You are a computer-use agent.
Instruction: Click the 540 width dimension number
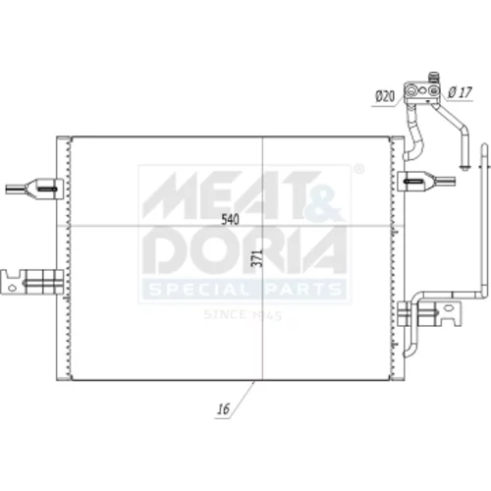click(x=230, y=219)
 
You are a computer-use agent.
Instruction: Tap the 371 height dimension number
click(x=257, y=258)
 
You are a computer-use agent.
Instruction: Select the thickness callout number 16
click(x=224, y=409)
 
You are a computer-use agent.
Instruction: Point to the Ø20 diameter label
click(x=385, y=96)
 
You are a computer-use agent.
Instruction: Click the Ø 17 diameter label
click(x=460, y=92)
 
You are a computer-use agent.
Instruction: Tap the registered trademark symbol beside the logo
click(x=359, y=169)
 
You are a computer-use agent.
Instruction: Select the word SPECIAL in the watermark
click(x=198, y=290)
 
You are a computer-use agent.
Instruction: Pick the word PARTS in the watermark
click(x=300, y=290)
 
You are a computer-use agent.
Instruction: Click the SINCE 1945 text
click(x=243, y=315)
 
